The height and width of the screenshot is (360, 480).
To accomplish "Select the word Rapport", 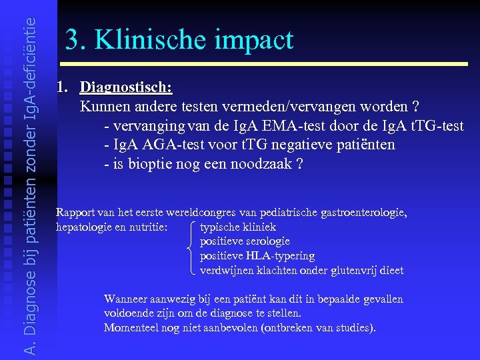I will pos(75,213).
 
